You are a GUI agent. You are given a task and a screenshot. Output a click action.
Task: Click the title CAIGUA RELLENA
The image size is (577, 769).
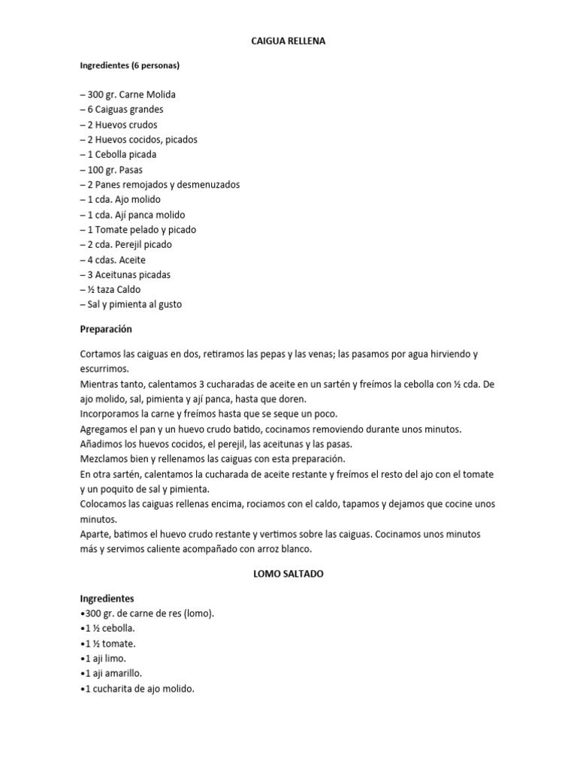click(288, 43)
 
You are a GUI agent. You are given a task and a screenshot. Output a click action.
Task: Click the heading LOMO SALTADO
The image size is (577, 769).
click(288, 573)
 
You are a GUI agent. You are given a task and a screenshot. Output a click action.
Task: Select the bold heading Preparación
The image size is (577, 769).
click(106, 329)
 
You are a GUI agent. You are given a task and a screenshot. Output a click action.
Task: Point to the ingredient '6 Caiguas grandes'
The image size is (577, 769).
click(122, 110)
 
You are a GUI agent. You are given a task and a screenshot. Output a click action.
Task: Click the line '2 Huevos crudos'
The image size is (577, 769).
click(119, 125)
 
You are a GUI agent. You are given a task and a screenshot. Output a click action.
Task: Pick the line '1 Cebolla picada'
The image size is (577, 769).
click(119, 155)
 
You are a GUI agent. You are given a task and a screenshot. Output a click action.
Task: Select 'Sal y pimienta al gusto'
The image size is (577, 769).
click(131, 305)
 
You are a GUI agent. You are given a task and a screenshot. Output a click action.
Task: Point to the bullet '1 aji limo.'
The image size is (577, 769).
click(104, 659)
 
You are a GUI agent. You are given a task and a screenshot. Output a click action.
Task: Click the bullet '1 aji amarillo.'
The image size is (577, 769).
click(111, 674)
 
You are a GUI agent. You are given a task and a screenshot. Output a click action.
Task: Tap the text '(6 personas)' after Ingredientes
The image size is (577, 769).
click(156, 65)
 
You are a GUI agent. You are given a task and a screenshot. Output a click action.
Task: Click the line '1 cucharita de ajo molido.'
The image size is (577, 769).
click(137, 689)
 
